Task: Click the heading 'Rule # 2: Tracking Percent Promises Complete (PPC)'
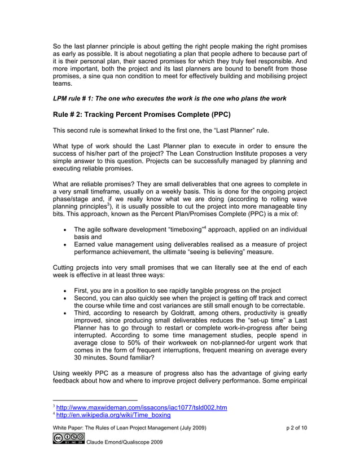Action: click(142, 115)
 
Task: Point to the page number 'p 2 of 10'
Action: click(296, 429)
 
